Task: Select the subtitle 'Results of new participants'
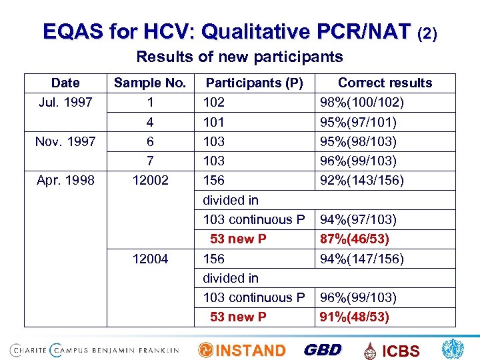click(x=239, y=57)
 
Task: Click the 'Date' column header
click(x=65, y=83)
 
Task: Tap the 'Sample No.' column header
click(x=150, y=83)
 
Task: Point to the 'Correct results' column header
click(x=385, y=83)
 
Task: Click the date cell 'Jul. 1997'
click(x=65, y=103)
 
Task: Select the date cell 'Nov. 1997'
click(x=66, y=141)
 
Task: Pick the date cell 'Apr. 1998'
click(x=65, y=180)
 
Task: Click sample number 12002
click(x=150, y=180)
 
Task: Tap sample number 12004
click(x=150, y=259)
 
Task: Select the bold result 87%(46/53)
click(x=354, y=239)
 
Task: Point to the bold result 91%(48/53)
click(x=354, y=317)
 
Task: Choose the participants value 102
click(x=214, y=103)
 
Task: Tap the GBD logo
click(x=323, y=350)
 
